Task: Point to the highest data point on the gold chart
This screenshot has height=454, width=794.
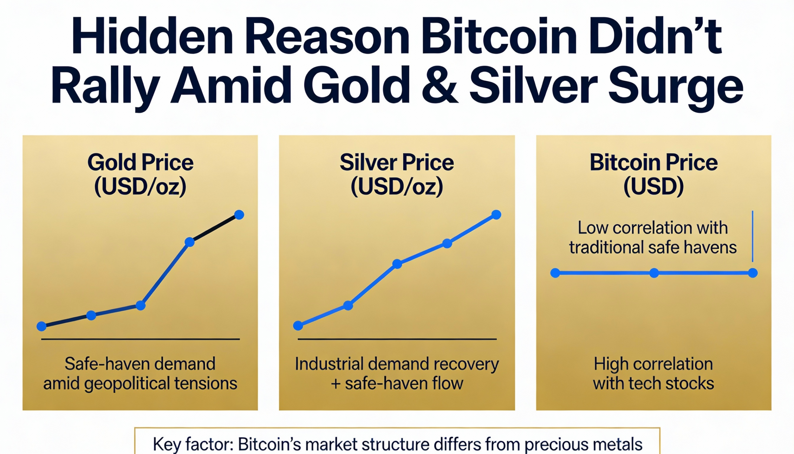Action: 239,215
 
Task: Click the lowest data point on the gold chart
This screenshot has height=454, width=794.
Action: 42,326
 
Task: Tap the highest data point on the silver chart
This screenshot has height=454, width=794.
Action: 496,214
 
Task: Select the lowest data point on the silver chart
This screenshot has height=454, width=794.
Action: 298,326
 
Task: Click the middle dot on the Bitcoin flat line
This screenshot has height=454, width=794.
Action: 654,273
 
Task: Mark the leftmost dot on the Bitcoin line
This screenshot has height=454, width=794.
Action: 555,273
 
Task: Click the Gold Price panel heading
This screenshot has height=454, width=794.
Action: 140,163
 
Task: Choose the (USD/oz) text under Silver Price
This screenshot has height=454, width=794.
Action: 397,187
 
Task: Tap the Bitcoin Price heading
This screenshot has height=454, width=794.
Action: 653,163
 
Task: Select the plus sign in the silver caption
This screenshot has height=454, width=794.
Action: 336,384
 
